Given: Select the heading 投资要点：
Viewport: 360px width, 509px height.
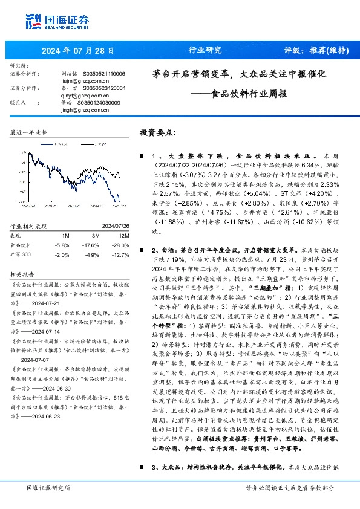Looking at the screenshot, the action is (x=158, y=132).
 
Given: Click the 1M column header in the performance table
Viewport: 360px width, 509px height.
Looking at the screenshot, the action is (x=65, y=235).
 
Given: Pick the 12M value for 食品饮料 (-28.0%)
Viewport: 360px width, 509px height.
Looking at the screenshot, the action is (x=121, y=245).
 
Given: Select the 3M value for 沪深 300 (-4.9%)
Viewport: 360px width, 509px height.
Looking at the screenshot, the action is (x=93, y=254).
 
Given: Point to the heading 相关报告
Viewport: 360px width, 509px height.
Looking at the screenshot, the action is (x=23, y=273).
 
